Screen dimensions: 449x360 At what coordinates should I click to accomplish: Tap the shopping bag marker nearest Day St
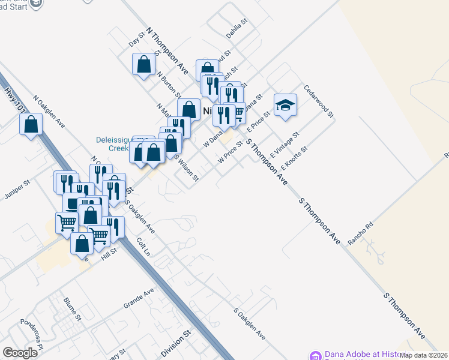[x=144, y=64]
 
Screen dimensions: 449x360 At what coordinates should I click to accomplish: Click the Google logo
[x=20, y=353]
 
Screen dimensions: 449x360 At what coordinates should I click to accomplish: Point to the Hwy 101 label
[x=15, y=99]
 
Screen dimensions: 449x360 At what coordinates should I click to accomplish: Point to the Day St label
[x=137, y=40]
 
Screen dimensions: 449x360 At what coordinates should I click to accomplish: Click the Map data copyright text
[x=424, y=355]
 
